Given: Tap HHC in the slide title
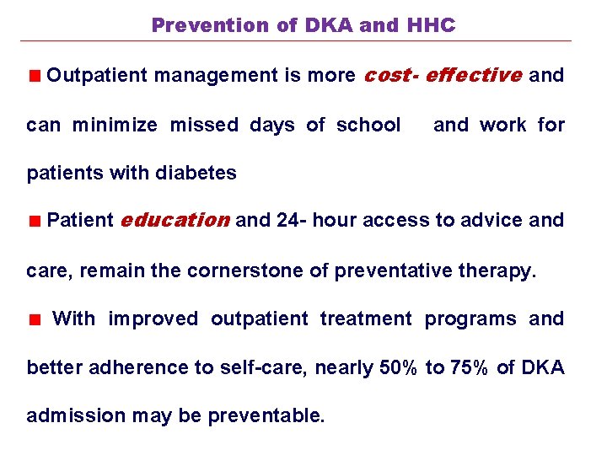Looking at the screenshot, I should (x=430, y=25).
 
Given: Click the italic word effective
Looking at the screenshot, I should (x=473, y=75).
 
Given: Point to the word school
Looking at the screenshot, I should (x=368, y=126).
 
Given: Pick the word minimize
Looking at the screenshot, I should (x=115, y=126).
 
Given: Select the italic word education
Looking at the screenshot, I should (x=175, y=221).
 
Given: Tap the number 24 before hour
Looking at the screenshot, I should (x=287, y=221).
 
